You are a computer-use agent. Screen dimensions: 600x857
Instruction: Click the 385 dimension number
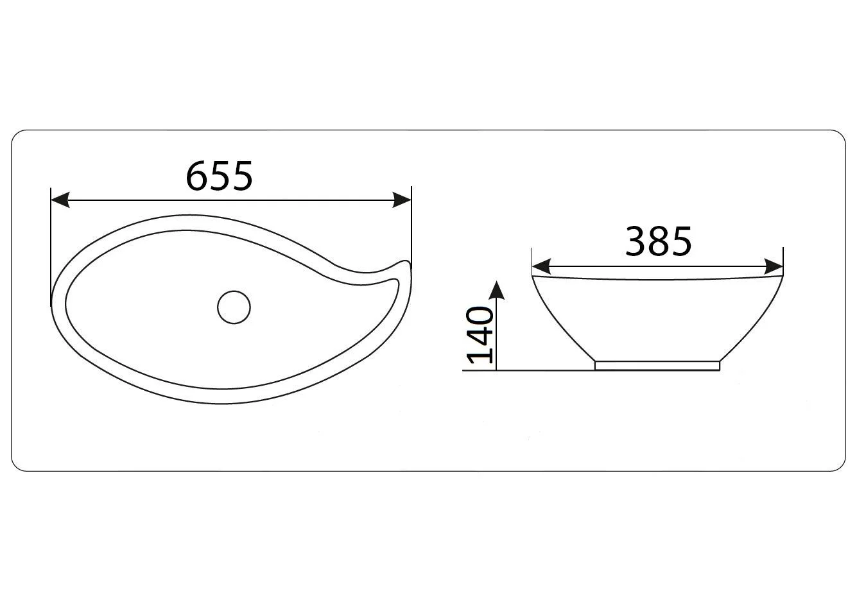point(659,241)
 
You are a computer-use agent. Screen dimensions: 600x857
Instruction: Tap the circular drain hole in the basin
point(234,307)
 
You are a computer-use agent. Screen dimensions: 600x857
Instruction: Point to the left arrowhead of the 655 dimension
point(60,200)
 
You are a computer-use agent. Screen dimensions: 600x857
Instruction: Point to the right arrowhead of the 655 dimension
point(403,200)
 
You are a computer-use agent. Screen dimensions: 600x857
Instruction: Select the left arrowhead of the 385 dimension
point(541,266)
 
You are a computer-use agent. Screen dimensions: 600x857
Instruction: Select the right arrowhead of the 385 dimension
point(774,266)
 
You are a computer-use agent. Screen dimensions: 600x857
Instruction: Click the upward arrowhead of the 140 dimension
point(496,289)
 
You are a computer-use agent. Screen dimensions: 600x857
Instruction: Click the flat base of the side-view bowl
point(657,365)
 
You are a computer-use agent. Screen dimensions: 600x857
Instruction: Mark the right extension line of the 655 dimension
point(411,225)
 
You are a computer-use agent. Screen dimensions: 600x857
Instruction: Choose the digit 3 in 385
point(637,241)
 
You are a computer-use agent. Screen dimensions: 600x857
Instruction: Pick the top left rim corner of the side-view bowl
point(533,276)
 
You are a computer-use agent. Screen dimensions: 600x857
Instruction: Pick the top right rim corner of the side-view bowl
point(782,276)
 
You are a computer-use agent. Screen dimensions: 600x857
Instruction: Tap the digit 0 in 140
point(480,317)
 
